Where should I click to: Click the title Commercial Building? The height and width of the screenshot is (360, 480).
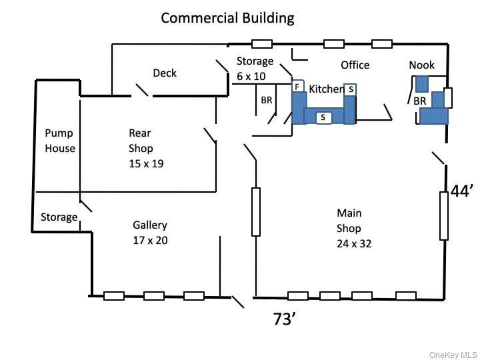pos(227,18)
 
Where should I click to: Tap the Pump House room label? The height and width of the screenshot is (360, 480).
pos(60,141)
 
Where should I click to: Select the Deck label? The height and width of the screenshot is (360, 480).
pos(165,73)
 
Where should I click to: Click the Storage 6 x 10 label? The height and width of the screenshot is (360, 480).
pos(255,69)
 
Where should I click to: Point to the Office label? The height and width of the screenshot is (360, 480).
pos(355,65)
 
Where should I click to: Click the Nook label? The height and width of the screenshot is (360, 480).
pos(421,65)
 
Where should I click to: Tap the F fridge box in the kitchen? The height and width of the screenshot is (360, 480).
pos(297,87)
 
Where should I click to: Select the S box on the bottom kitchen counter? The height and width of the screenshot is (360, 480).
pos(323,117)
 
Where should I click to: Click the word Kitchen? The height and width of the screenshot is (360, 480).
pos(325,89)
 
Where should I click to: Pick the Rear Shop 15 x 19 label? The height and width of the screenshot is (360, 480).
pos(141,148)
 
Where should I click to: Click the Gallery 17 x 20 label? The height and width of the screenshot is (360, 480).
pos(150,233)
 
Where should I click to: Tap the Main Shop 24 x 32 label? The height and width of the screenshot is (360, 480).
pos(353,229)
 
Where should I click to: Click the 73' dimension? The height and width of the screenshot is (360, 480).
pos(285,319)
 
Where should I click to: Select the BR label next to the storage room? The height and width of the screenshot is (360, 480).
pos(267,101)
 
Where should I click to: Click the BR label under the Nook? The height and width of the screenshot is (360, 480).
pos(419,101)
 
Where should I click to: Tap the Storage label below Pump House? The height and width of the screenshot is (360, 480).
pos(59,217)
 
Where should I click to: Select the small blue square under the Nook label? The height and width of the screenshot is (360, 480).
pos(421,84)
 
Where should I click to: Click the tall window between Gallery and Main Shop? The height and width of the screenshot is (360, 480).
pos(255,212)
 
